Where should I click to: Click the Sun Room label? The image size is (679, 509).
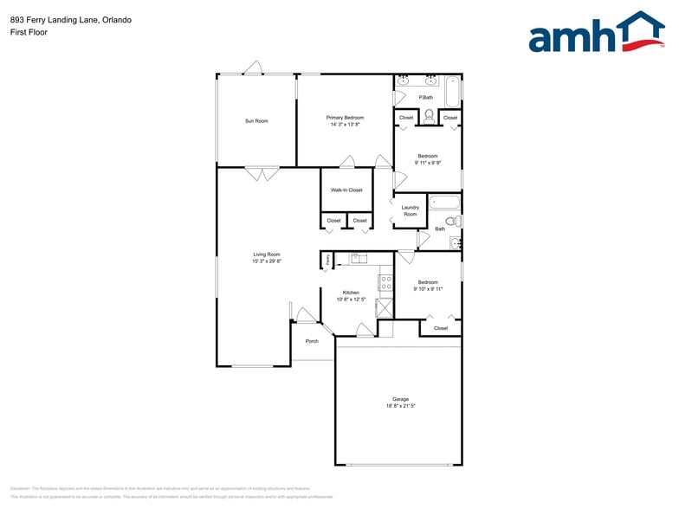tap(256, 121)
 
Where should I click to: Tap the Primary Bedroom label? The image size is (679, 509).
tap(345, 117)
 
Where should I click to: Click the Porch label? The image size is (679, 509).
tap(312, 341)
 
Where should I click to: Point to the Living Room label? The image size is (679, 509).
tap(267, 254)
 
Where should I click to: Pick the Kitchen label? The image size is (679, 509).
tap(351, 293)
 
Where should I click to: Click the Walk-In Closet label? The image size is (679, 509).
tap(346, 190)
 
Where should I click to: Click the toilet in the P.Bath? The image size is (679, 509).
tap(428, 115)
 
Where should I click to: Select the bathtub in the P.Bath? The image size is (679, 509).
tap(453, 92)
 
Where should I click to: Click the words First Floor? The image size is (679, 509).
tap(29, 32)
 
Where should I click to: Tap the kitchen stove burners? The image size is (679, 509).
tap(385, 281)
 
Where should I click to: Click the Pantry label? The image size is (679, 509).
tap(327, 261)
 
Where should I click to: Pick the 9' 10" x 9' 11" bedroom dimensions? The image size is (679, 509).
tap(428, 289)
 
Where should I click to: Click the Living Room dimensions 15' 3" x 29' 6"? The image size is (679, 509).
tap(267, 261)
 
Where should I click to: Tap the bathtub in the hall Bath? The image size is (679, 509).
tap(445, 204)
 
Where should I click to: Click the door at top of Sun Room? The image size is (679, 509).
tap(253, 68)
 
